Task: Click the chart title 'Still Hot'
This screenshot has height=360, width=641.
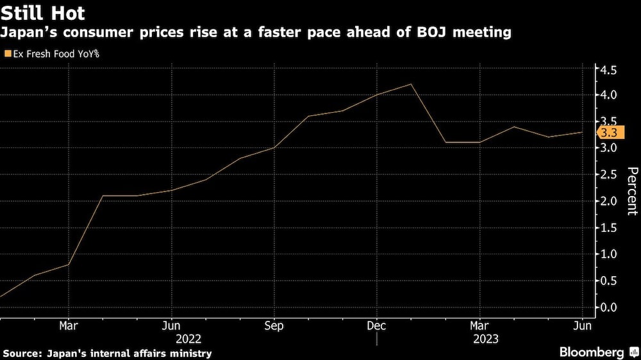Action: click(x=43, y=12)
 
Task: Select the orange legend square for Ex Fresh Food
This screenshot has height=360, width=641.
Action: click(x=8, y=54)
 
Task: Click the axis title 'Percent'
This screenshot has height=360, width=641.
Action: click(x=632, y=190)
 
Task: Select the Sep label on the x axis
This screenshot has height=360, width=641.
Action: click(x=274, y=325)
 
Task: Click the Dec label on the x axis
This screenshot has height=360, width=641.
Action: click(x=376, y=325)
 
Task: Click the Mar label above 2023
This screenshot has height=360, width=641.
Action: click(x=479, y=325)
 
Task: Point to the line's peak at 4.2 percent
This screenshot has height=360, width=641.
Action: click(x=410, y=84)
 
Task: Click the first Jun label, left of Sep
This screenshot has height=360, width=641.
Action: click(x=171, y=325)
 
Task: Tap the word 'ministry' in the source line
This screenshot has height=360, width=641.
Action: click(x=190, y=353)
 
